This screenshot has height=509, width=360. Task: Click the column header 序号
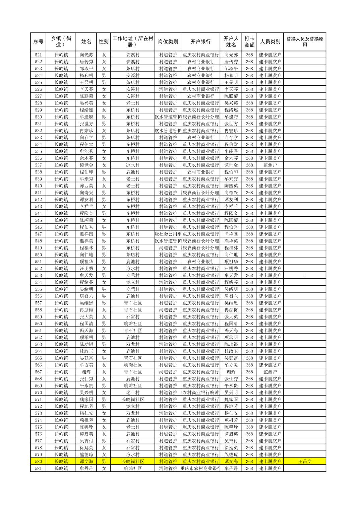38,42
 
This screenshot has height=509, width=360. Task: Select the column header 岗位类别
168,42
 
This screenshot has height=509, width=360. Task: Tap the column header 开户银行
200,42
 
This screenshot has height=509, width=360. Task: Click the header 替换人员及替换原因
304,42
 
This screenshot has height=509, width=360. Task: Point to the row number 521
38,55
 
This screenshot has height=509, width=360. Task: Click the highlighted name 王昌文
305,461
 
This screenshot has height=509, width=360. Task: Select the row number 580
38,461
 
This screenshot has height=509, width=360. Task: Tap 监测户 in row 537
270,165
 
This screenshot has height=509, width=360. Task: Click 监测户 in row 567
270,372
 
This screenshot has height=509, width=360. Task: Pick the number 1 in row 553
305,276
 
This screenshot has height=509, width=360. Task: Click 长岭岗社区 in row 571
133,399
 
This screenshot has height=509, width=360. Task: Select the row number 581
38,468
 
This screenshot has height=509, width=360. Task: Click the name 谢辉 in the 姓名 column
86,372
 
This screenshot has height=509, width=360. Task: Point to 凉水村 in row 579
133,455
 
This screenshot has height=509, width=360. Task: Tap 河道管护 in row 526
168,89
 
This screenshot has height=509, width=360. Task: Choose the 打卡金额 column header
249,42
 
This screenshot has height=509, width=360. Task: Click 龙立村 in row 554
133,282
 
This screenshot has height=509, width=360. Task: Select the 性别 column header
104,42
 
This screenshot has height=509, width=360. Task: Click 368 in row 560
249,324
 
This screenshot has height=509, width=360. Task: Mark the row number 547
38,234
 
